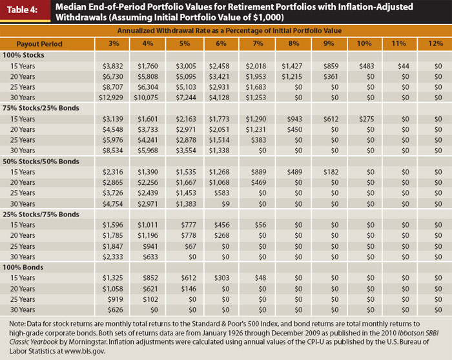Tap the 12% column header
click(435, 43)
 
